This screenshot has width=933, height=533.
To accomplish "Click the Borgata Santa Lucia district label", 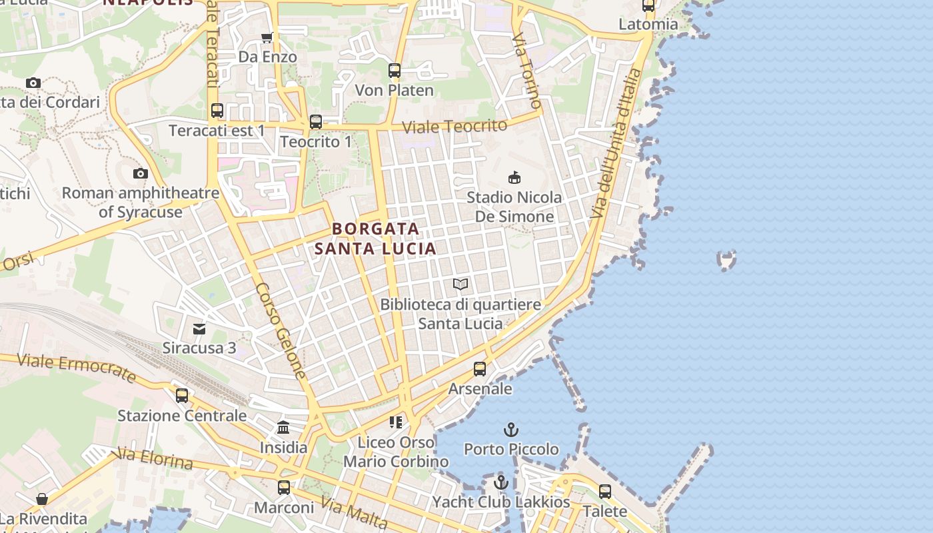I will (375, 239).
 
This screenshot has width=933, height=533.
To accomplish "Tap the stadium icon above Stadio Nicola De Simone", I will (514, 177).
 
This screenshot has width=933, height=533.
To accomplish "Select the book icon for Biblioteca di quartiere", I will (461, 284).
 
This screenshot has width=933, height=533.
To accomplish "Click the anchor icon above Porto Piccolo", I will (511, 430).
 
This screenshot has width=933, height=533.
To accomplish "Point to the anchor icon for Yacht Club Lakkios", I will (501, 482).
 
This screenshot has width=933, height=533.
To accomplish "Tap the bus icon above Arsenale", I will (480, 368).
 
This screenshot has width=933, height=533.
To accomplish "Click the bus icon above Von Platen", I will (395, 70).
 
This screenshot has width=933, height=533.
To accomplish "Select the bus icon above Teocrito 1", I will (316, 122).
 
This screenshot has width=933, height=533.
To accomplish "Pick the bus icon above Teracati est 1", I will (217, 111).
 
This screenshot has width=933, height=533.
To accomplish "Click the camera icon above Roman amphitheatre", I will (140, 173).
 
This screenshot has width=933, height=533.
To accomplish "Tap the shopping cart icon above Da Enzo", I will (267, 37).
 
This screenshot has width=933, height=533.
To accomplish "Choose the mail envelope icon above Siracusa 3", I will (199, 328).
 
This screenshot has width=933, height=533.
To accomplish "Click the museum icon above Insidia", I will (283, 427).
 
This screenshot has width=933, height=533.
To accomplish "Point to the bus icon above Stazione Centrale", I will (182, 396).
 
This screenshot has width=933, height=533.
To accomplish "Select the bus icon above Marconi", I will (284, 487).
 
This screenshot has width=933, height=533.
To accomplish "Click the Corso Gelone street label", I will (281, 331).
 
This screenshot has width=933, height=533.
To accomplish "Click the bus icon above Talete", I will (605, 491).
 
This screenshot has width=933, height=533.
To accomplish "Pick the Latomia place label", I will (648, 25).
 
